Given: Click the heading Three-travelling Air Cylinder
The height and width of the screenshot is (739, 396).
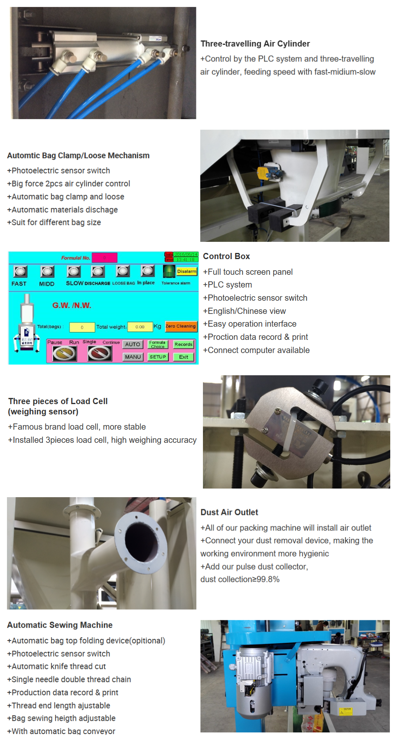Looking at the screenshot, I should coord(255,44).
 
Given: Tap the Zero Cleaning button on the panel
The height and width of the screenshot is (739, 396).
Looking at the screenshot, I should coord(181,326).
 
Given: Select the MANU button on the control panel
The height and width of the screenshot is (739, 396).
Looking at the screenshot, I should coord(133,357).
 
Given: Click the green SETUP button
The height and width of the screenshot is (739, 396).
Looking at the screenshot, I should coord(158,357).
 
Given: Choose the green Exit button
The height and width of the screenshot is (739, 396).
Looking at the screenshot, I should coord(184,357).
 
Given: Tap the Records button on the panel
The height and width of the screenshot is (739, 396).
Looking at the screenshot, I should coord(184,344).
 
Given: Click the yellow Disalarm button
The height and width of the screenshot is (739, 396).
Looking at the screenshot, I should coord(187,271).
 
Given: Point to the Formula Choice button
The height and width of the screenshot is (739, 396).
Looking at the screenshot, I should coord(158,344).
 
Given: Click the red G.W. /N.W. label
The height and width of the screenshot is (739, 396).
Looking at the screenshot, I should coord(72,305).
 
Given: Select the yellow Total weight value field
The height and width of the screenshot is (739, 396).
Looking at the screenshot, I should coord(140,327).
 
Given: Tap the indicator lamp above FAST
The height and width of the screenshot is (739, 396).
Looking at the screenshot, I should coord(20,271).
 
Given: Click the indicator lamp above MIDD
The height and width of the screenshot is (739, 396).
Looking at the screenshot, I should coord(47,271).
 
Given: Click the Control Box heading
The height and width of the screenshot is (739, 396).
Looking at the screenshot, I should coord(226,256).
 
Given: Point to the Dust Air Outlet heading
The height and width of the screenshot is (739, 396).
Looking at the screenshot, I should coord(229,512).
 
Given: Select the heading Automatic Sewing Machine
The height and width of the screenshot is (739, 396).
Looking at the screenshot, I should coord(60,625).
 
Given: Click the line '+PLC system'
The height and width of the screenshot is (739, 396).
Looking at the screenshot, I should coord(227,285).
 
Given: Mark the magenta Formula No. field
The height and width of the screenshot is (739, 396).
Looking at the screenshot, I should coord(105,258).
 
